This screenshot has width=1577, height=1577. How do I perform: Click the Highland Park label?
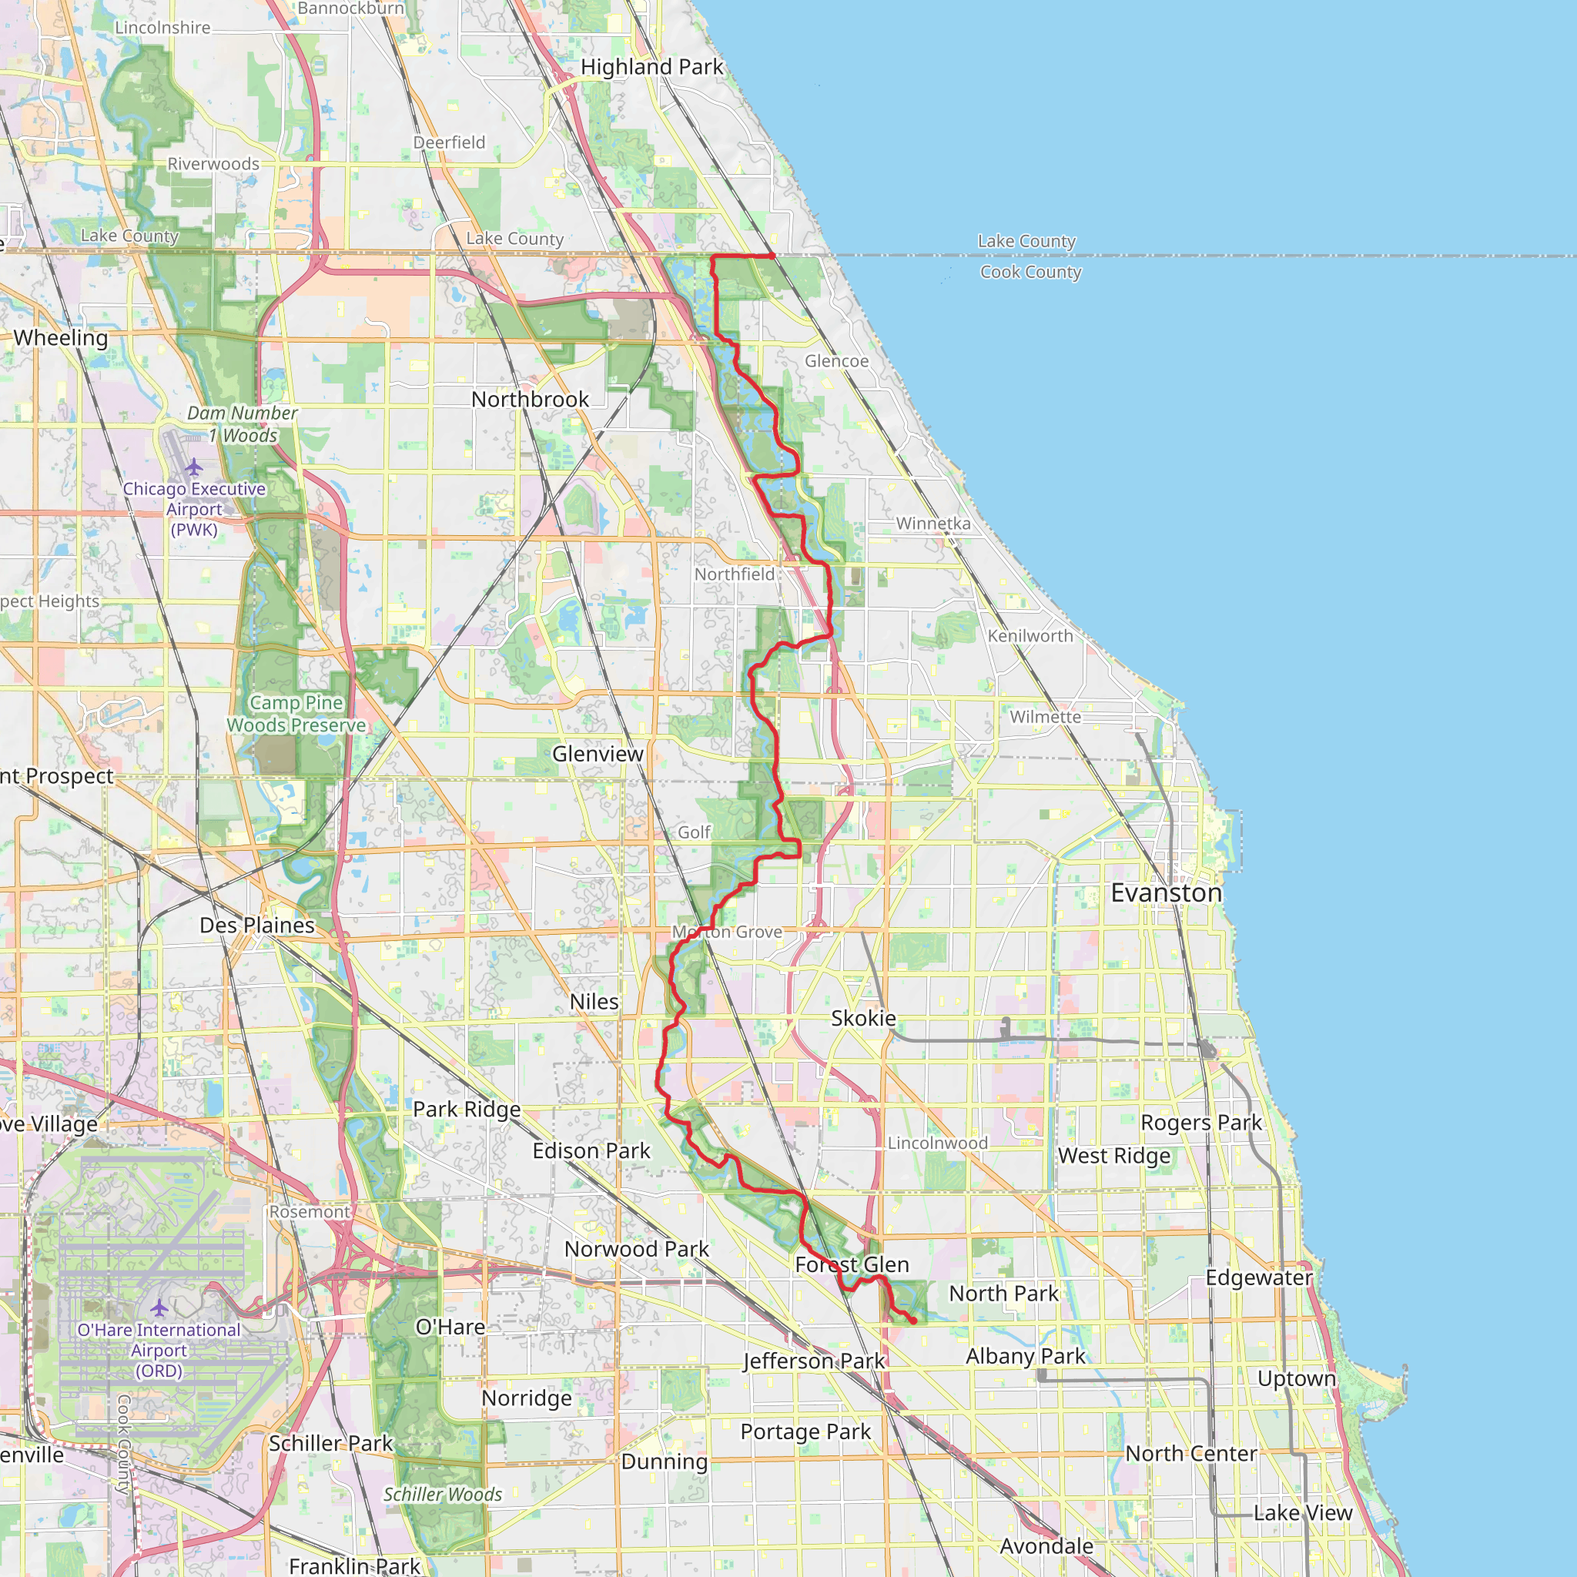coord(651,67)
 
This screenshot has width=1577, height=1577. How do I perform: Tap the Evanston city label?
coord(1166,893)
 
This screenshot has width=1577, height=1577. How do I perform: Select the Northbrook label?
coord(530,399)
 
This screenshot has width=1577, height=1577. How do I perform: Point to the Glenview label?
coord(598,753)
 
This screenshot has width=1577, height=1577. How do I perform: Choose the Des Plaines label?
coord(257,925)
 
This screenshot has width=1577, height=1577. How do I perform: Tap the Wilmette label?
coord(1045,717)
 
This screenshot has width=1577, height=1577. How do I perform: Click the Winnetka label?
coord(933,523)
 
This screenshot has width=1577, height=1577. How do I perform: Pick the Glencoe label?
coord(837,361)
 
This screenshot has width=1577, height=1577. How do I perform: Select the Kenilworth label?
coord(1030,636)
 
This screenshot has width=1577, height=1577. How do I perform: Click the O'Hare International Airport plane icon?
coord(159,1308)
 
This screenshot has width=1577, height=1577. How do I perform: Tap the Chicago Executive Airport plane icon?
coord(193,467)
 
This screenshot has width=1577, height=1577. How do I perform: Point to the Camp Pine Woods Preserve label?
coord(296,713)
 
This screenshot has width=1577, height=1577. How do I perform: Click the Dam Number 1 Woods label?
coord(243,424)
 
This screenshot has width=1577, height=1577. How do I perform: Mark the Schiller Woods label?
coord(443,1494)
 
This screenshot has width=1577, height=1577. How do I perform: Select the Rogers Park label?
coord(1200,1123)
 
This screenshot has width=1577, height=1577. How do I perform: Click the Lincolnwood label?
coord(937,1143)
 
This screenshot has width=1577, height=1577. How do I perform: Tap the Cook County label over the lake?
coord(1030,272)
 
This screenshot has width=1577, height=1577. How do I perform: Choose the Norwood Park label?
coord(636,1249)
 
